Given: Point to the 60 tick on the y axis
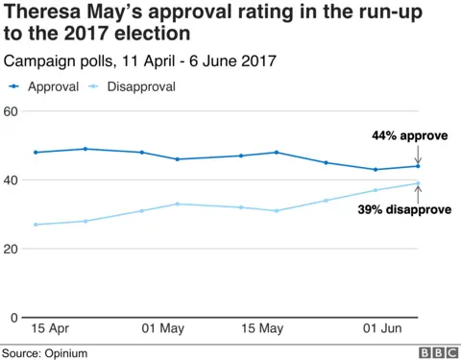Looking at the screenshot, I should (x=12, y=111).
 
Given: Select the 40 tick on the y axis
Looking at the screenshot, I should (x=12, y=180).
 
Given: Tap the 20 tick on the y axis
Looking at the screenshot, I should (x=12, y=250).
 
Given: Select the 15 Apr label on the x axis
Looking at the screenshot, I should (x=50, y=330).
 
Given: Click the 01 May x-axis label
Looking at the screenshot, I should (x=163, y=330).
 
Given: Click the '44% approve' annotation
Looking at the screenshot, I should (x=409, y=136).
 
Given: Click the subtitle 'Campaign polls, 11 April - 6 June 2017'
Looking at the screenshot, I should (x=140, y=60).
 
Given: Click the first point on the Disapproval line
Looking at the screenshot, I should (x=36, y=225).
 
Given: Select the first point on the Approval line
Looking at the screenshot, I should (x=36, y=153).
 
